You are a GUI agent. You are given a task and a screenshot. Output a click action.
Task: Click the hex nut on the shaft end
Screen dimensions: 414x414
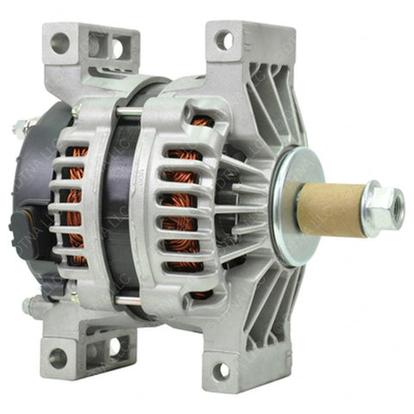tap(382, 207)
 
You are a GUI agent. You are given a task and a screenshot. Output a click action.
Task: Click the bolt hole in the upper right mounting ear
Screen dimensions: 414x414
tap(223, 39)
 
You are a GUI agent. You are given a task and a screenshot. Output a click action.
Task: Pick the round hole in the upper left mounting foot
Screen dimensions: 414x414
tap(60, 42)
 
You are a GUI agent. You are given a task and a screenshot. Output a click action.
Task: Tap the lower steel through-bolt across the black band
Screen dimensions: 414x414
tap(129, 298)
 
